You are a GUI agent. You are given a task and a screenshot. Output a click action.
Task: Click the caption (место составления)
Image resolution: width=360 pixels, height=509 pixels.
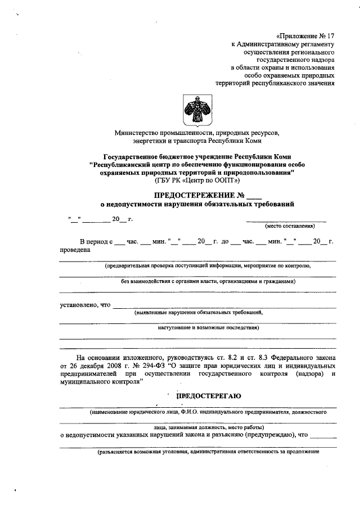pyautogui.click(x=290, y=226)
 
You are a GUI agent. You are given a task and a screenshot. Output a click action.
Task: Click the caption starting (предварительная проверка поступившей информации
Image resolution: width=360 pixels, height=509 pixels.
pyautogui.click(x=208, y=265)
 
